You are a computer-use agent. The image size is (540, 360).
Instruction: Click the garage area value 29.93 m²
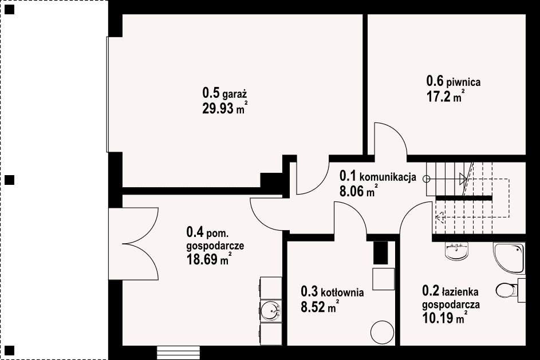pyautogui.click(x=225, y=108)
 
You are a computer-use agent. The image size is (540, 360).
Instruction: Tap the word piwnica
pyautogui.click(x=463, y=82)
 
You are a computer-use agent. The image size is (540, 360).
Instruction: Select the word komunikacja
pyautogui.click(x=388, y=177)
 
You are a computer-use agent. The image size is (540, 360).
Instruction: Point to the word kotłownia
pyautogui.click(x=342, y=292)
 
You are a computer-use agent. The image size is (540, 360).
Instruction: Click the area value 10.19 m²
pyautogui.click(x=445, y=318)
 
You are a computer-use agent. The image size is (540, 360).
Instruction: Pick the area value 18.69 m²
pyautogui.click(x=208, y=259)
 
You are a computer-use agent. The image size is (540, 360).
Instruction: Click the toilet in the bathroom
pyautogui.click(x=507, y=290)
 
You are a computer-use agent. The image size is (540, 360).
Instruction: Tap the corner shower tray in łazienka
pyautogui.click(x=509, y=258)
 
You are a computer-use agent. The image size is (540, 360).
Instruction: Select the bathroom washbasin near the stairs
pyautogui.click(x=457, y=251)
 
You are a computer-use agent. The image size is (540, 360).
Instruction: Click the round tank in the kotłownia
pyautogui.click(x=383, y=333)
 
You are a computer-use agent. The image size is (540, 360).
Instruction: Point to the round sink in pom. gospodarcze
pyautogui.click(x=271, y=311)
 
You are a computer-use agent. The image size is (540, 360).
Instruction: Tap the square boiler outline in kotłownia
pyautogui.click(x=383, y=279)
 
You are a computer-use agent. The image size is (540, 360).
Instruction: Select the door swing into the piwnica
pyautogui.click(x=391, y=139)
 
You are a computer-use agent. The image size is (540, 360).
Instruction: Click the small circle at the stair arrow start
pyautogui.click(x=427, y=179)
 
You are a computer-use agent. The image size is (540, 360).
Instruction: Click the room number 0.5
pyautogui.click(x=211, y=93)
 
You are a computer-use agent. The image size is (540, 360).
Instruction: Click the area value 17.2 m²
pyautogui.click(x=446, y=97)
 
